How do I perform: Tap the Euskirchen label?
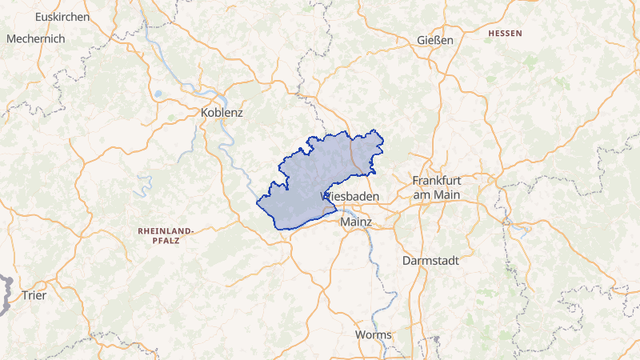pyautogui.click(x=60, y=16)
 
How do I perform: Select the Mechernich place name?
pyautogui.click(x=36, y=38)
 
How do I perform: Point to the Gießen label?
pyautogui.click(x=435, y=40)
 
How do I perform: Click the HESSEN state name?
pyautogui.click(x=504, y=34)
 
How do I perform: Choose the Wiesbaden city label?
pyautogui.click(x=350, y=195)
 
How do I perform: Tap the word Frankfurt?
pyautogui.click(x=438, y=181)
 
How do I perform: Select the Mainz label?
pyautogui.click(x=356, y=221)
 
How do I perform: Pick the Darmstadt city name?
pyautogui.click(x=431, y=260)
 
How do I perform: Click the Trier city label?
pyautogui.click(x=34, y=295)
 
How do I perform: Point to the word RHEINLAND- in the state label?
pyautogui.click(x=166, y=230)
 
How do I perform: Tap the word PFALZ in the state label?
pyautogui.click(x=166, y=240)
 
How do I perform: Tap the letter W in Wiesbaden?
pyautogui.click(x=325, y=195)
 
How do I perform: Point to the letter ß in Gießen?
pyautogui.click(x=435, y=40)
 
